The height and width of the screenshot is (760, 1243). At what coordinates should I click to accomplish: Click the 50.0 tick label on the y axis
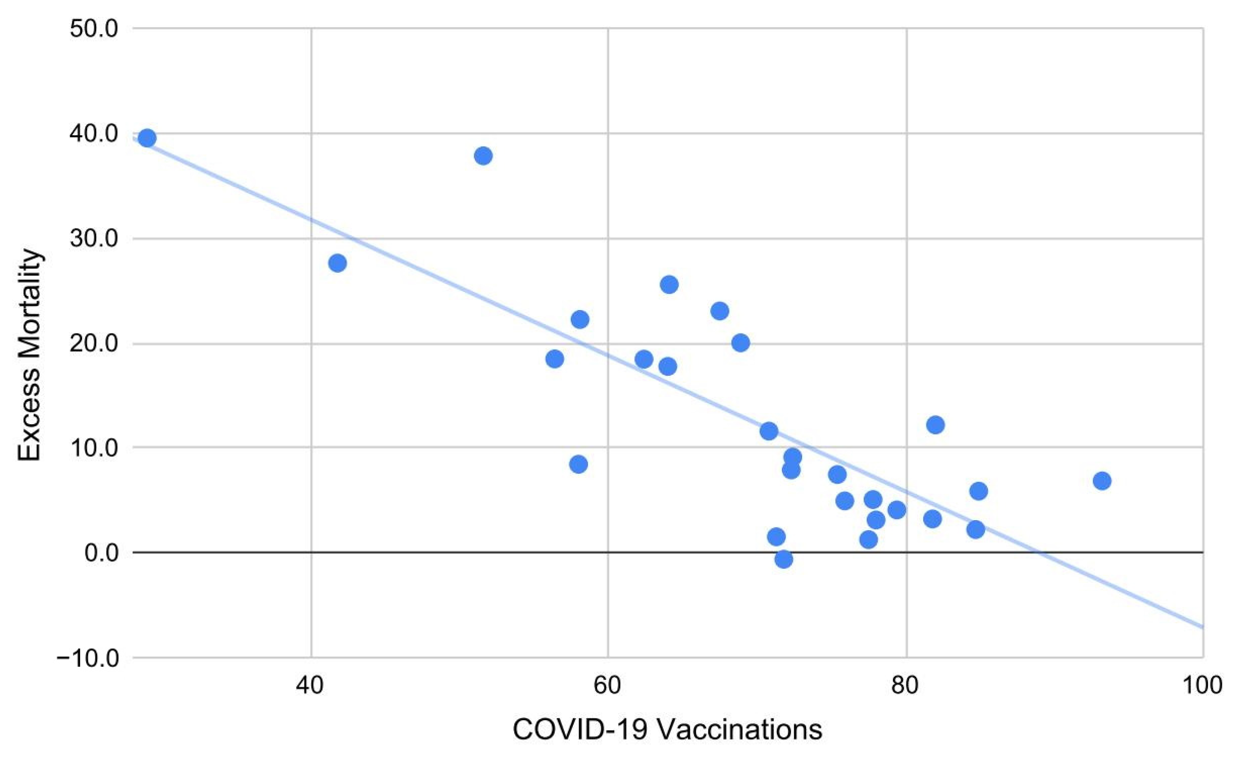click(93, 29)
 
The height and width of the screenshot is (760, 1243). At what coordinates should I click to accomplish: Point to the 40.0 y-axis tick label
click(93, 134)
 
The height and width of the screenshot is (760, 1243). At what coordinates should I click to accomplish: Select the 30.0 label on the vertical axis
click(93, 239)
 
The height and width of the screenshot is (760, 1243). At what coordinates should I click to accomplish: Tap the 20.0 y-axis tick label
click(93, 344)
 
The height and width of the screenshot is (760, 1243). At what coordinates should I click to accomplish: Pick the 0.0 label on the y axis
click(101, 553)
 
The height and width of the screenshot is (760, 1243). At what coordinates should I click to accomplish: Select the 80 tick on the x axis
click(907, 686)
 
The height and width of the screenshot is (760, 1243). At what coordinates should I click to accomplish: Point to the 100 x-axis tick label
click(1203, 686)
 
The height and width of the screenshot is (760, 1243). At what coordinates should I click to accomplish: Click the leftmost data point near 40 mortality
click(147, 138)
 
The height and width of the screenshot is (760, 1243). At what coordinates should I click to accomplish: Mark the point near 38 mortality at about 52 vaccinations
click(483, 156)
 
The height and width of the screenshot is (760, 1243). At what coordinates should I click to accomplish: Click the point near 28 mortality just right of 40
click(337, 263)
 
